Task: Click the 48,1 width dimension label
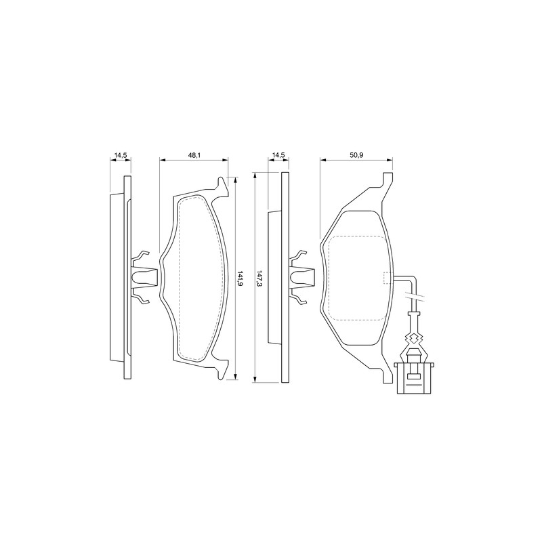point(194,156)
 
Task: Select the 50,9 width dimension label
point(356,156)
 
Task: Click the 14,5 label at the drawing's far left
point(121,156)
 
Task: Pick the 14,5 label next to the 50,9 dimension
point(278,156)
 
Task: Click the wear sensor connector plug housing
point(414,378)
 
